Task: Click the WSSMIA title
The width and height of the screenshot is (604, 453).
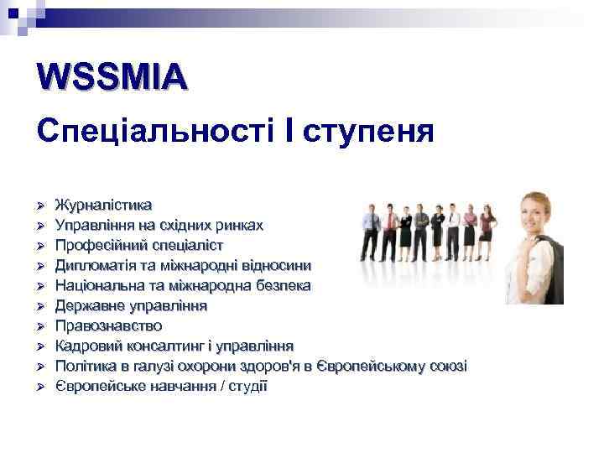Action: coord(112,77)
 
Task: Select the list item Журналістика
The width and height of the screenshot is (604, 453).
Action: coord(103,205)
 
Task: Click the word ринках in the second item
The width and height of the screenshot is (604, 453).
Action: coord(239,225)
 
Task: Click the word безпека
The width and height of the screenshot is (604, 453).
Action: coord(282,285)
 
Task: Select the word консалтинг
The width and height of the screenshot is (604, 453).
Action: coord(163,346)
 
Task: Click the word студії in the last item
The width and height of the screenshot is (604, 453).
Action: coord(247,386)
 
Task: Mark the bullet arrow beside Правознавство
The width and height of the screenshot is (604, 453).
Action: coord(39,326)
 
